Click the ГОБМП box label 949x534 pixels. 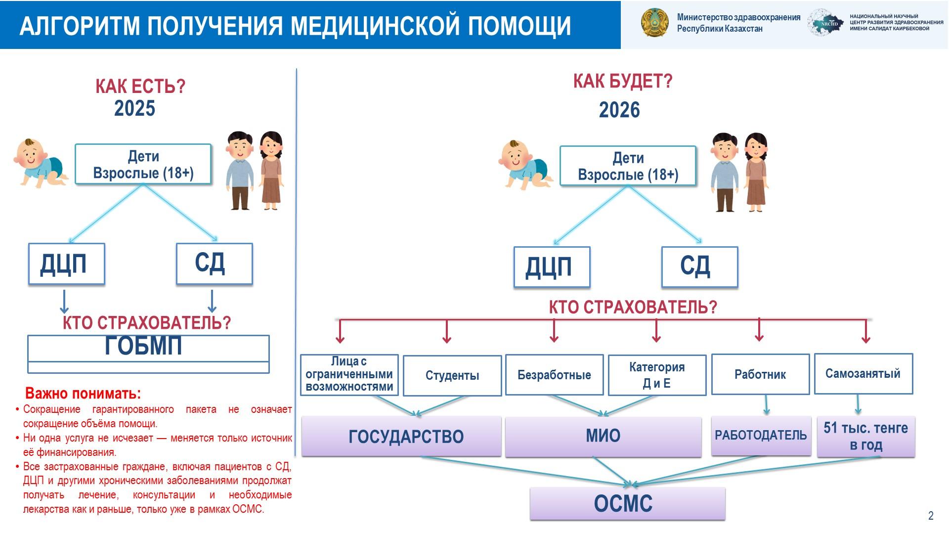pos(144,346)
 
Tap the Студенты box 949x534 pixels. pos(452,376)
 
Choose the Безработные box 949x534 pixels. pos(554,375)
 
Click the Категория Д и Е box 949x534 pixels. pos(657,375)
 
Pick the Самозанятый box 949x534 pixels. pos(863,374)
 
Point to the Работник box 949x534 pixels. pos(760,375)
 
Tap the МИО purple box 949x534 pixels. pos(603,436)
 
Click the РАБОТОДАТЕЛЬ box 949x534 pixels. pos(761,436)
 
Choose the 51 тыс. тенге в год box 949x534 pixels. pos(865,436)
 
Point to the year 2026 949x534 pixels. pos(619,110)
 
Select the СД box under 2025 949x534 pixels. pos(214,264)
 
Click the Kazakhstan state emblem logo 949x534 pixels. pos(654,23)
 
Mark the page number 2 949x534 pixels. pos(931,516)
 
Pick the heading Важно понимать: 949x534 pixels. pos(83,394)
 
